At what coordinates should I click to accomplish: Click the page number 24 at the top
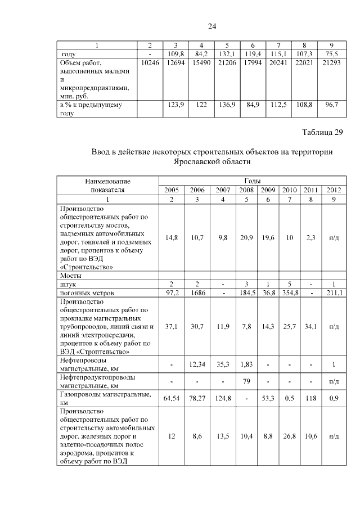tap(212, 26)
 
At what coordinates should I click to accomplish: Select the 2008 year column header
tap(248, 190)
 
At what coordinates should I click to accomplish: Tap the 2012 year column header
tap(334, 190)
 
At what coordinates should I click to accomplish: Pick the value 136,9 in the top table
tap(228, 105)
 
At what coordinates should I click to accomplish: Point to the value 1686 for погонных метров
tap(197, 293)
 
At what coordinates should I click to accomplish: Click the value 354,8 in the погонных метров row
tap(289, 293)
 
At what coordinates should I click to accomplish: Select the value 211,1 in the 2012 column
tap(334, 293)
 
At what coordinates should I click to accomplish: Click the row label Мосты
tap(71, 276)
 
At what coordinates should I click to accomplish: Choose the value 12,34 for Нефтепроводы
tap(197, 364)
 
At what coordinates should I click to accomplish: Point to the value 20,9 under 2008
tap(248, 238)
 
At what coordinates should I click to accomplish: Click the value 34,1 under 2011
tap(311, 326)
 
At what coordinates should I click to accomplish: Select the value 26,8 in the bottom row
tap(289, 436)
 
